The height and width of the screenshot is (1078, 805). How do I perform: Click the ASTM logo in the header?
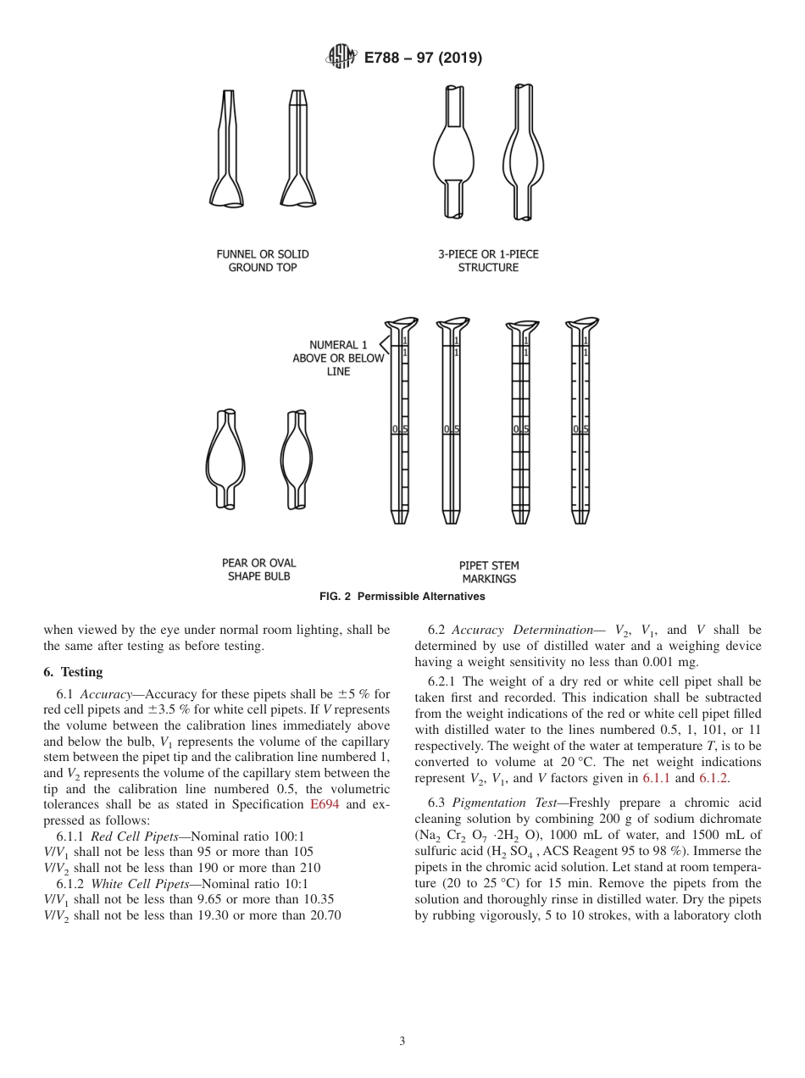(x=341, y=58)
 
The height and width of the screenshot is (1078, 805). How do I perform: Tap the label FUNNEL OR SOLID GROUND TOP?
(x=263, y=260)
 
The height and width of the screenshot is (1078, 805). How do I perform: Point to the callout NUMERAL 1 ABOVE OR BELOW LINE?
(x=338, y=358)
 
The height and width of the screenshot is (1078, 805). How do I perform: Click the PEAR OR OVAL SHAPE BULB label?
(x=258, y=570)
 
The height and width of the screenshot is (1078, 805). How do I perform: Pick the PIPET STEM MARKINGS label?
(x=489, y=572)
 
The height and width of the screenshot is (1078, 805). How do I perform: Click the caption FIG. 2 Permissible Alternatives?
(x=402, y=597)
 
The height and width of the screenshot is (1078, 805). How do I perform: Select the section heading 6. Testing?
(x=73, y=672)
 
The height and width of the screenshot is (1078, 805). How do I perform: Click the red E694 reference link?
(x=325, y=804)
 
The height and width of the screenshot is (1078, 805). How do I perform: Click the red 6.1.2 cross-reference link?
(x=713, y=779)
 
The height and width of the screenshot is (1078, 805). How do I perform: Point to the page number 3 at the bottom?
(x=402, y=1042)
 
